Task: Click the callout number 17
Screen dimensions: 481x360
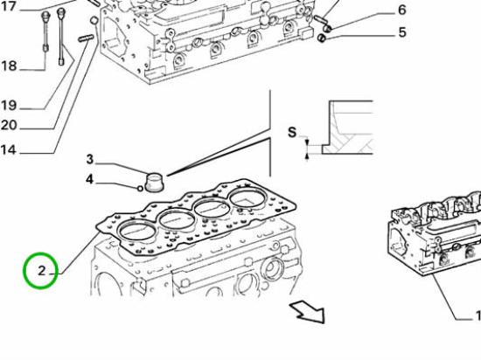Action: click(8, 6)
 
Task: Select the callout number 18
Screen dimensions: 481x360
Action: click(9, 66)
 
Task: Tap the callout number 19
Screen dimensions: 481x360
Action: click(9, 106)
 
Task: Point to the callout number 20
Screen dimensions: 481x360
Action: click(9, 125)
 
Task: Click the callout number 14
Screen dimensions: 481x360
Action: click(8, 149)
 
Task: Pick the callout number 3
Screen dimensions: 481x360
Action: click(89, 159)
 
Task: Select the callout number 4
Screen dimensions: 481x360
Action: click(89, 179)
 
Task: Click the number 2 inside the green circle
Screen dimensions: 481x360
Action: click(42, 271)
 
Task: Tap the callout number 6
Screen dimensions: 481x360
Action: click(402, 10)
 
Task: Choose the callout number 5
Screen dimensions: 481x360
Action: click(402, 32)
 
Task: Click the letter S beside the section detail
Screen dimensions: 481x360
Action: click(292, 132)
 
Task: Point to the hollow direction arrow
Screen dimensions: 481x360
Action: click(309, 311)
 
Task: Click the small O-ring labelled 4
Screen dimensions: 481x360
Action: click(140, 189)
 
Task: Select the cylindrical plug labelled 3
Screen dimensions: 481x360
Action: click(154, 183)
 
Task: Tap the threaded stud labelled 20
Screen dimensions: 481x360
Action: click(86, 38)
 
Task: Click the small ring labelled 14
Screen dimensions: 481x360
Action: click(94, 20)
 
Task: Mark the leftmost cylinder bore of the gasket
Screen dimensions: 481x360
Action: click(137, 231)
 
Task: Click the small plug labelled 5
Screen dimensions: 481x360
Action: click(322, 38)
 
